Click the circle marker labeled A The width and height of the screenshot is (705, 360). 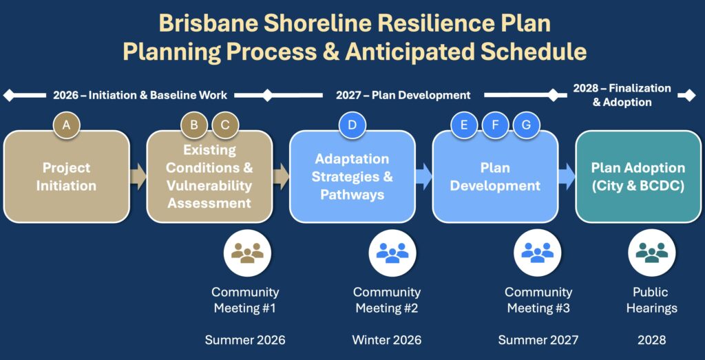tap(67, 125)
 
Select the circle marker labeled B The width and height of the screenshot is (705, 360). tap(194, 125)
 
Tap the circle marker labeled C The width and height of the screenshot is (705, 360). tap(225, 125)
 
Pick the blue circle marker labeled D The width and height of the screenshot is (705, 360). tap(352, 125)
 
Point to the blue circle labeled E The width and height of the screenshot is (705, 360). tap(464, 125)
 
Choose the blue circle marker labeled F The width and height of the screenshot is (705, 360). tap(495, 125)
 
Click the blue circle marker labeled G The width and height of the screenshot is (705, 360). tap(527, 125)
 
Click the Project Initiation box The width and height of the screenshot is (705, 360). tap(67, 177)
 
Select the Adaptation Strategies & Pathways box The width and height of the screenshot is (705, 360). tap(352, 177)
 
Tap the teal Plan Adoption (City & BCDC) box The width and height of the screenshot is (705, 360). tap(638, 177)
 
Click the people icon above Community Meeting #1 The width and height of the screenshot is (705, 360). tap(247, 253)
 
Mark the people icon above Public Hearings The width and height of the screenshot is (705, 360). tap(651, 253)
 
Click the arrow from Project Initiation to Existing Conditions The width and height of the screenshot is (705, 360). tap(138, 176)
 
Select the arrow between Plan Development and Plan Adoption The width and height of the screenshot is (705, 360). tap(567, 176)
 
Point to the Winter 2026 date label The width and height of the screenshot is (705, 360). tap(386, 340)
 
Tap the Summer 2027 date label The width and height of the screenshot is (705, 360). tap(538, 340)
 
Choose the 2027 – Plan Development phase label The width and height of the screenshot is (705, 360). tap(403, 95)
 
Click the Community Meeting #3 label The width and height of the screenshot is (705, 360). tap(538, 300)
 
